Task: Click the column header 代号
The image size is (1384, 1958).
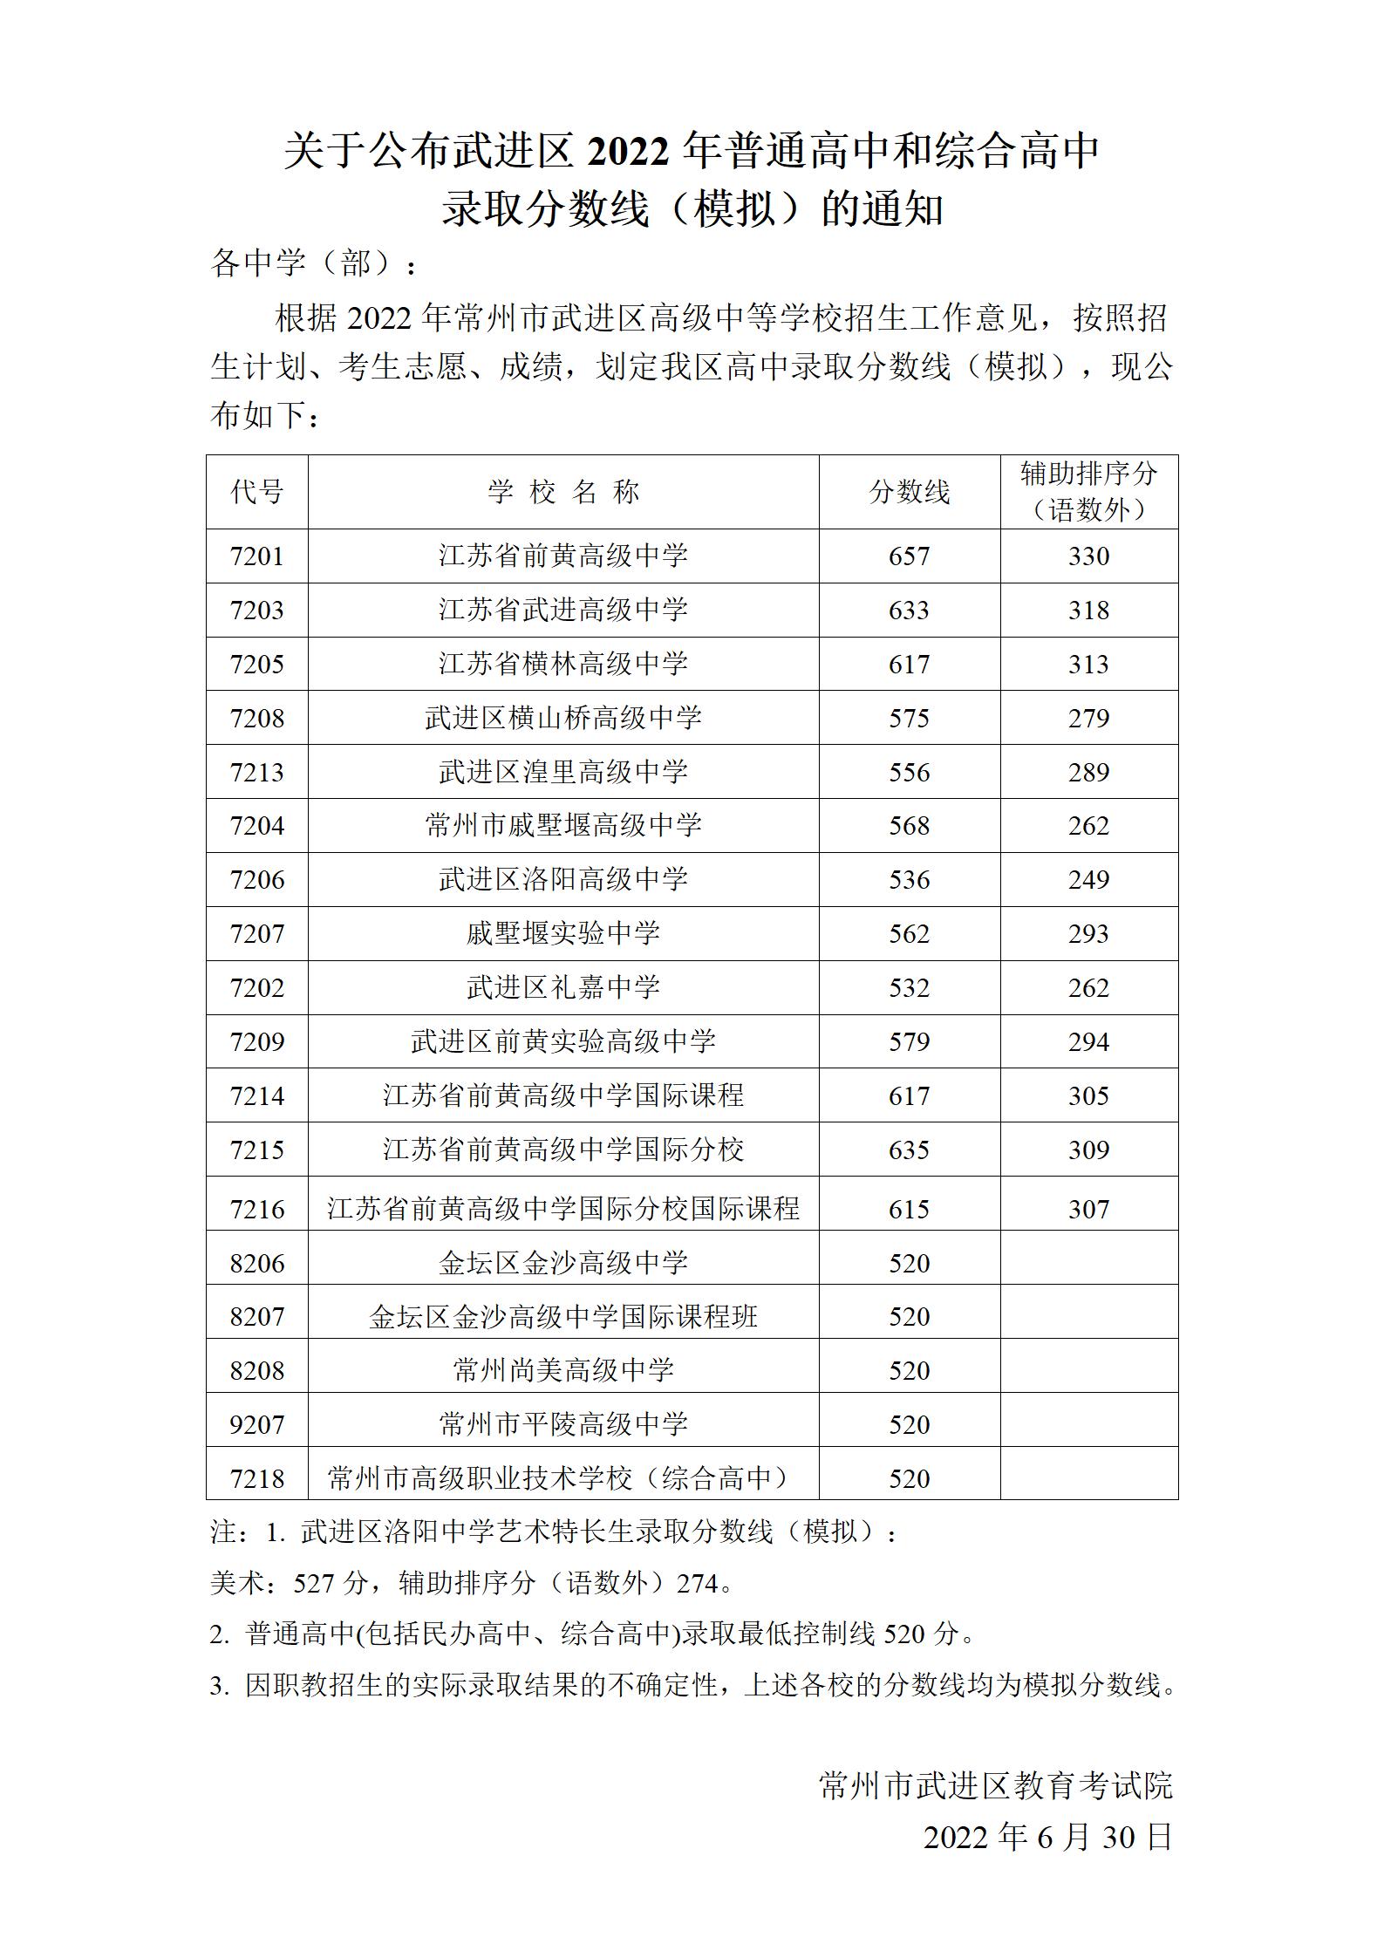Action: coord(256,492)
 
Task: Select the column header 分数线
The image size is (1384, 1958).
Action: coord(909,492)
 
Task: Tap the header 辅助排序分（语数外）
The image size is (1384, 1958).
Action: coord(1088,492)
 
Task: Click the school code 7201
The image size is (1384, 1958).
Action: coord(256,556)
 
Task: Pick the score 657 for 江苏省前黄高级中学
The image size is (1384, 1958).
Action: coord(909,556)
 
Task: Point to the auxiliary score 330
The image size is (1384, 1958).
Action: coord(1088,556)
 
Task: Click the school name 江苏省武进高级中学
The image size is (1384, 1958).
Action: coord(562,610)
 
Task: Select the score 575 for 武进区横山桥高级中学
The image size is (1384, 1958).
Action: coord(909,718)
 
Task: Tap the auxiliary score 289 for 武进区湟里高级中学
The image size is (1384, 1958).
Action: coord(1088,772)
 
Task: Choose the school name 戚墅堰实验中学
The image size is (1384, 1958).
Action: coord(562,934)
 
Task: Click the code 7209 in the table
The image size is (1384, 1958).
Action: coord(256,1041)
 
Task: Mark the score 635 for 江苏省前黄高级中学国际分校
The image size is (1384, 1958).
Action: coord(909,1150)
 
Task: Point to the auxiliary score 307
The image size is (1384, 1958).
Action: coord(1088,1209)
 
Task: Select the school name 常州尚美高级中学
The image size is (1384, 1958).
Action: coord(562,1370)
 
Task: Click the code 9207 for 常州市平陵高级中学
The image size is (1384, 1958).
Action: coord(256,1424)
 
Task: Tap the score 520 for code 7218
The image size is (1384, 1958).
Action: coord(909,1478)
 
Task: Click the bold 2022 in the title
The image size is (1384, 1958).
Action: coord(628,153)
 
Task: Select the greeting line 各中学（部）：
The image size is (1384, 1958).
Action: coord(314,263)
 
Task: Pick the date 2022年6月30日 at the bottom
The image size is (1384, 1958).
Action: coord(1047,1837)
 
